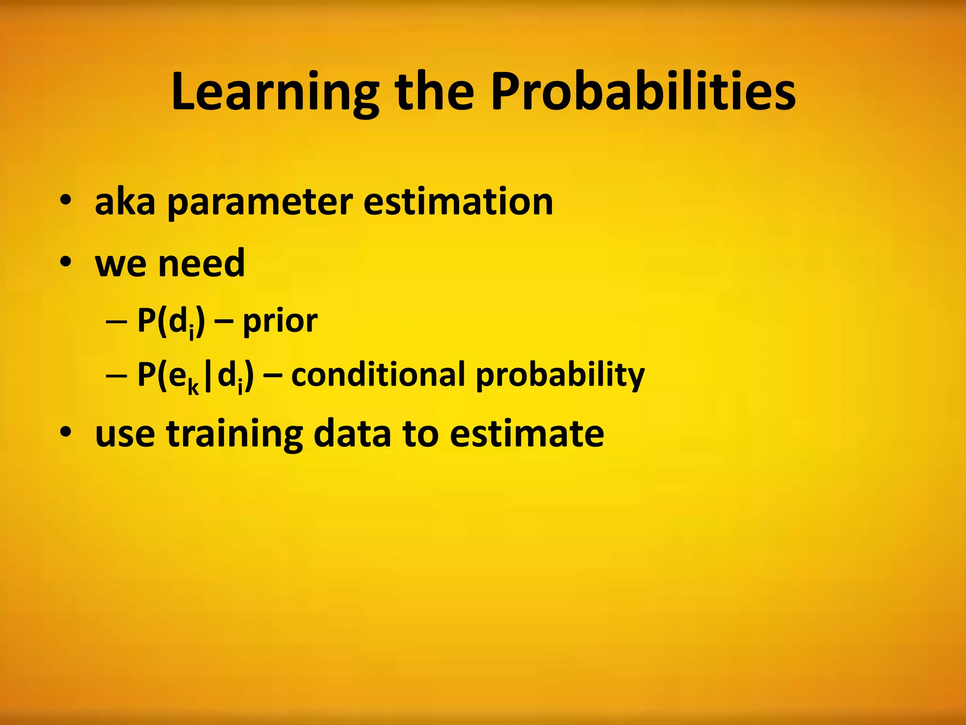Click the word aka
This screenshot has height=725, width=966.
click(125, 202)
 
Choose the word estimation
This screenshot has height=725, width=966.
click(458, 202)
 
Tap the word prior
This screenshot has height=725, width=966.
click(280, 322)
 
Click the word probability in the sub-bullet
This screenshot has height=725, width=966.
click(560, 376)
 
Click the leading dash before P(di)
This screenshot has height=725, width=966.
click(117, 323)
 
